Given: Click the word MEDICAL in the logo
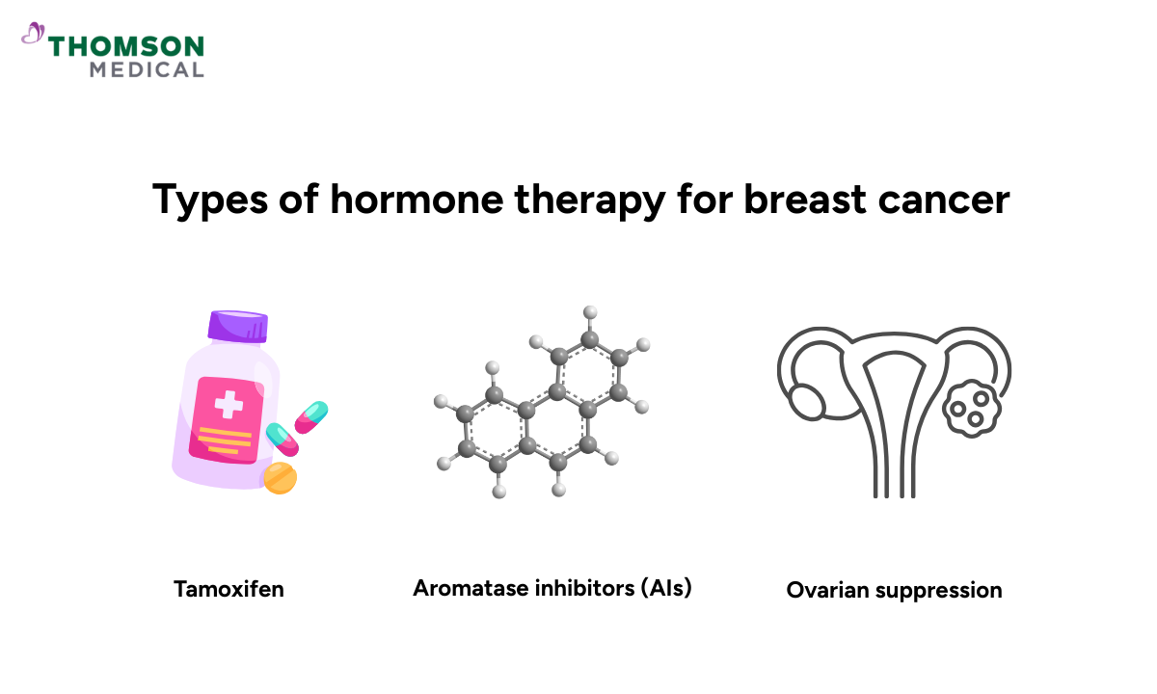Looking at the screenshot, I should (x=147, y=69).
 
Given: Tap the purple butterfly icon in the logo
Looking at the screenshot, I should (x=33, y=35).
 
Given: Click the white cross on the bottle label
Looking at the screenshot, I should (x=228, y=404).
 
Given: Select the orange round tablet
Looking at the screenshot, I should (x=280, y=478).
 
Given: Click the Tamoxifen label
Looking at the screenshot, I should (x=229, y=588).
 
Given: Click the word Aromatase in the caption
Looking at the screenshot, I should (x=467, y=588).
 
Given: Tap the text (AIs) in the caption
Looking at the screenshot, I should (x=665, y=588).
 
